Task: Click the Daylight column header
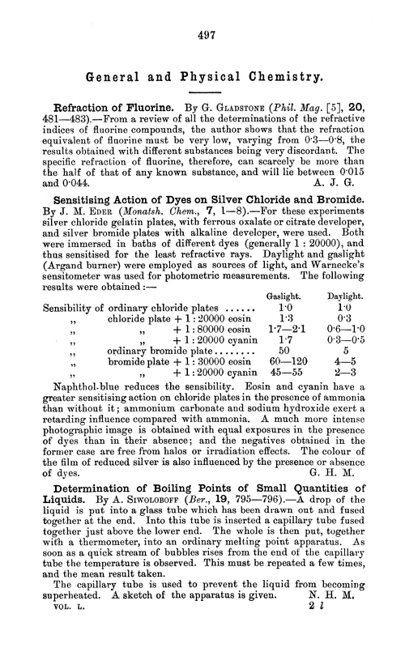point(347,275)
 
